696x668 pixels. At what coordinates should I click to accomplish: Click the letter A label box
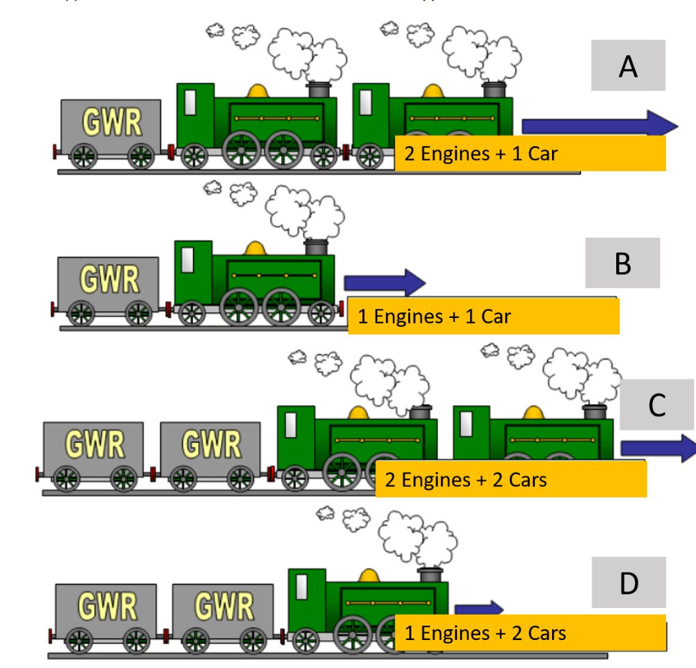point(628,66)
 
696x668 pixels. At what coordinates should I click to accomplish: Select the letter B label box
point(623,263)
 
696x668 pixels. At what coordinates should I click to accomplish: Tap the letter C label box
point(657,405)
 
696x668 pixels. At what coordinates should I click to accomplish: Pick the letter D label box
point(629,582)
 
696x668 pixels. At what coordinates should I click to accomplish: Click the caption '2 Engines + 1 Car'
point(481,154)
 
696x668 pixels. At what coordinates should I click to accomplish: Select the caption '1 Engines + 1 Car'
point(434,317)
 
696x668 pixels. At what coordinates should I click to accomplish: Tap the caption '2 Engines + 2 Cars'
point(465,480)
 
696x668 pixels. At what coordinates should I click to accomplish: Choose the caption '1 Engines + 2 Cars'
point(485,633)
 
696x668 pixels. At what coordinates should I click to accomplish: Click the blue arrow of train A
point(600,124)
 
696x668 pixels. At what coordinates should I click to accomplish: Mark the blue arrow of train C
point(658,448)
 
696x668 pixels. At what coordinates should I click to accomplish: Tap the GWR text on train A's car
point(112,121)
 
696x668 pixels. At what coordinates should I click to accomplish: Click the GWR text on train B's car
point(109,279)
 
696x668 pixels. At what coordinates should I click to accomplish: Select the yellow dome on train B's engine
point(255,248)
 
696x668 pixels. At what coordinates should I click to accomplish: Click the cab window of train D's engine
point(302,587)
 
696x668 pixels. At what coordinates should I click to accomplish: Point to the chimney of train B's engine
point(316,247)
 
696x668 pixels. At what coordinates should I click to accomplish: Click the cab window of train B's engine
point(188,260)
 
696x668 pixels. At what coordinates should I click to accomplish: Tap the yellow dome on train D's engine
point(369,576)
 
